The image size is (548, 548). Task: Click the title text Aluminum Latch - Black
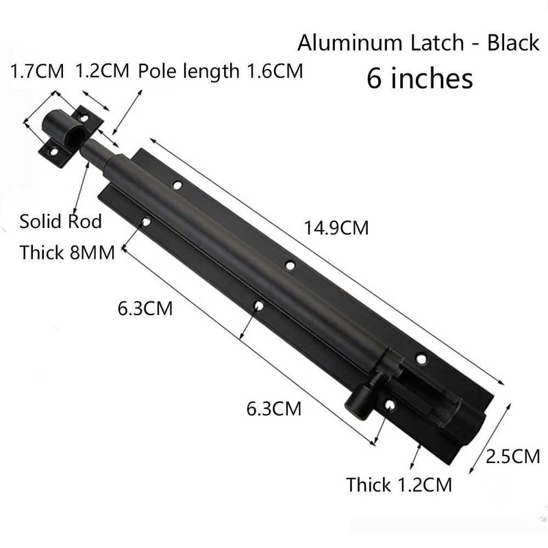coord(419,42)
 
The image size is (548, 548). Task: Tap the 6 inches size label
coord(420,78)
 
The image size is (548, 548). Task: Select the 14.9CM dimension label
coord(336,228)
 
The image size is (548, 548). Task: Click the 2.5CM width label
coord(512,456)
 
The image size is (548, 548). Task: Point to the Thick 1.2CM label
coord(399,485)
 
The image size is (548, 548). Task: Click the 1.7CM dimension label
coord(37,71)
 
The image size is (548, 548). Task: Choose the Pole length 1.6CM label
coord(220,71)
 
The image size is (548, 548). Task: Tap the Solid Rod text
coord(60,221)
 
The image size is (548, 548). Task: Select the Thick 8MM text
coord(67,252)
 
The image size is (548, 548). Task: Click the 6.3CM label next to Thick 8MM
coord(145,308)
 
